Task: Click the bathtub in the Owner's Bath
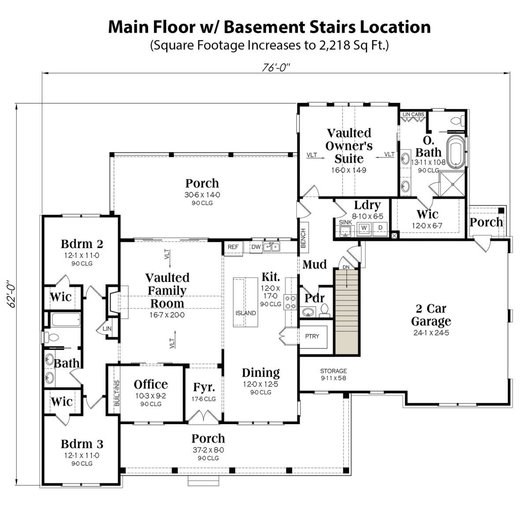pos(456,151)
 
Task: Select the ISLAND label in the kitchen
pos(246,313)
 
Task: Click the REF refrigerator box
pos(233,248)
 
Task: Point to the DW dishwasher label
pos(256,247)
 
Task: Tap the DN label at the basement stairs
pos(346,267)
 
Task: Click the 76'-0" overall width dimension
pos(276,68)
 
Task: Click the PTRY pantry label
pos(312,336)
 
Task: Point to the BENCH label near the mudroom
pos(303,238)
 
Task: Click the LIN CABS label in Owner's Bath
pos(413,115)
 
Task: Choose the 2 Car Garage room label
pos(431,315)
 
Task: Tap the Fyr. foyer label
pos(204,387)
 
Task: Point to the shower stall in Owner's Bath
pos(453,184)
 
